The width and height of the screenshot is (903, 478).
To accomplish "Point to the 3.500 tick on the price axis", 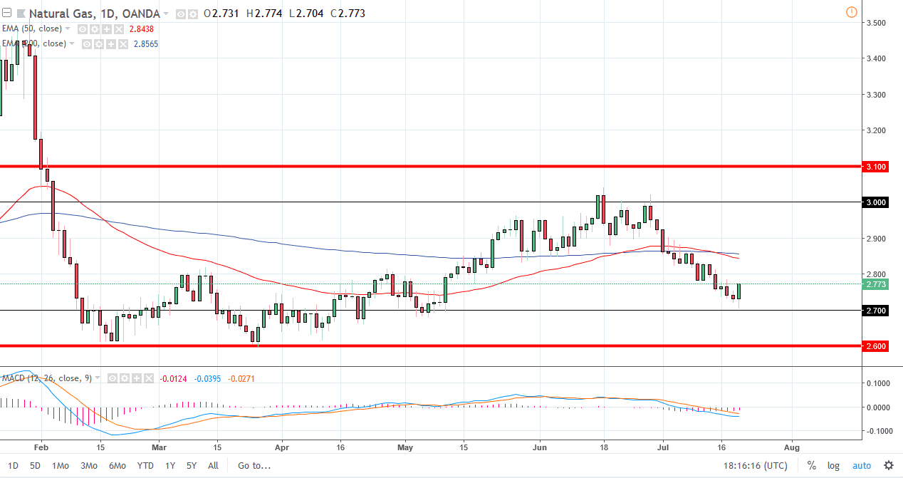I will [x=875, y=23].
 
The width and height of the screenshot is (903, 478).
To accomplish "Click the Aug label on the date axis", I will [x=792, y=447].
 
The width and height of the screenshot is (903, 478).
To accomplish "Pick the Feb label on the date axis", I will [x=41, y=447].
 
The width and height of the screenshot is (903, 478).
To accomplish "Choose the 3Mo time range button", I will [x=88, y=466].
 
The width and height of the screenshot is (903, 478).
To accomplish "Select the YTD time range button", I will [x=145, y=466].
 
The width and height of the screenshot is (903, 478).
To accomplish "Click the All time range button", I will [x=213, y=466].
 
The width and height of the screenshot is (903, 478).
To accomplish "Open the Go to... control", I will [x=254, y=466].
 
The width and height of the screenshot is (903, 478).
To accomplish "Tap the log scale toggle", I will [x=833, y=466].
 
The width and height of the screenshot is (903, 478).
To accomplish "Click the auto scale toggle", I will [x=861, y=466].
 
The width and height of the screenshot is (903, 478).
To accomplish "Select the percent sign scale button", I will [x=811, y=466].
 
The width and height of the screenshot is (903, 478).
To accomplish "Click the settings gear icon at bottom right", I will [x=888, y=466].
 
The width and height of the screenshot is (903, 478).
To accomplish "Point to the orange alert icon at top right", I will [x=852, y=12].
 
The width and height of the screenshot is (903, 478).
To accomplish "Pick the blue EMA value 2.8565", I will [x=145, y=44].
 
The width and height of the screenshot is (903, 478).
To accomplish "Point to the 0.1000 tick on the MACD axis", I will [x=877, y=383].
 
